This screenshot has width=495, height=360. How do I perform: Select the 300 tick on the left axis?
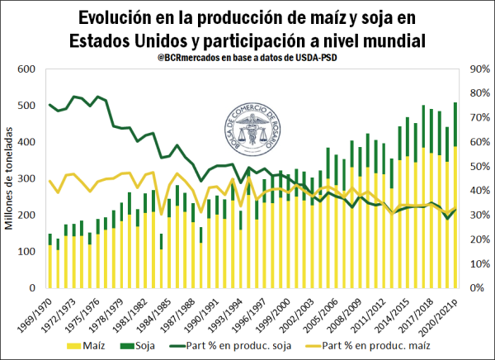click(x=30, y=178)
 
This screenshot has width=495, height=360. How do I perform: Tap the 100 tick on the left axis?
click(x=30, y=252)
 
